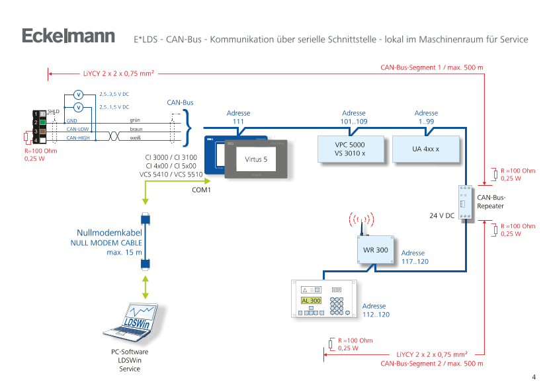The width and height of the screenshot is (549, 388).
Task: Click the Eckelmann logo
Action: tap(69, 37)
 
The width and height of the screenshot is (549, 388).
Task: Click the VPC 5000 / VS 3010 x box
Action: tap(350, 149)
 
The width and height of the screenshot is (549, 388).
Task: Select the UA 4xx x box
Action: tap(425, 149)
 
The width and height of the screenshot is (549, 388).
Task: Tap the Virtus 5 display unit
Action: tap(257, 160)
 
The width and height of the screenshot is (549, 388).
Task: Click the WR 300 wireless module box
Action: tap(376, 251)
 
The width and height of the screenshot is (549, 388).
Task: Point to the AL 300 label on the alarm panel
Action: tap(310, 301)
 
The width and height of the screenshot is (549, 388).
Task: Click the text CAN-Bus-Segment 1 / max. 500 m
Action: tap(432, 67)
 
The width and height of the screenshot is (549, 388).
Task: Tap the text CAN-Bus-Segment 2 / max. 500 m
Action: tap(432, 364)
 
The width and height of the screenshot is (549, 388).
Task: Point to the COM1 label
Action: tap(200, 190)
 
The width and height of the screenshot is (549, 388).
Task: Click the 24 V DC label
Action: tap(441, 215)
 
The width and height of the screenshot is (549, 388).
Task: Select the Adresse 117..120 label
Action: tap(413, 257)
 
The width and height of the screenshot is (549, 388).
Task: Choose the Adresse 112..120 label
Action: tap(375, 310)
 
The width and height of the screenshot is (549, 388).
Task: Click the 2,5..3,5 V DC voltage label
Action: tap(114, 95)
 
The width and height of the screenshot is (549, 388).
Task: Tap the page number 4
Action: tap(533, 377)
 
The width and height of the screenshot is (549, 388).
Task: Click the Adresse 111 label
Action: tap(238, 118)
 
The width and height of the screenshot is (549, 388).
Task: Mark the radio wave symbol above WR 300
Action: tap(362, 219)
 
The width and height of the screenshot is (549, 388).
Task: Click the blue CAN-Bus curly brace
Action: tap(187, 127)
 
